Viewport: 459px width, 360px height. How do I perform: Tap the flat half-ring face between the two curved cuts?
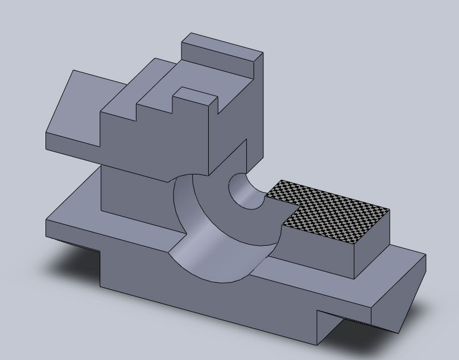pyautogui.click(x=228, y=222)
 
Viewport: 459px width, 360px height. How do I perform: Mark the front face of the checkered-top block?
pyautogui.click(x=319, y=250)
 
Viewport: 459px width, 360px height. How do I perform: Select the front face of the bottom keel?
pyautogui.click(x=205, y=301)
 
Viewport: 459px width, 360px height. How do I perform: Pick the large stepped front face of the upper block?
pyautogui.click(x=154, y=142)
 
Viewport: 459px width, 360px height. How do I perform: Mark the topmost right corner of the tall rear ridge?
pyautogui.click(x=263, y=53)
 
